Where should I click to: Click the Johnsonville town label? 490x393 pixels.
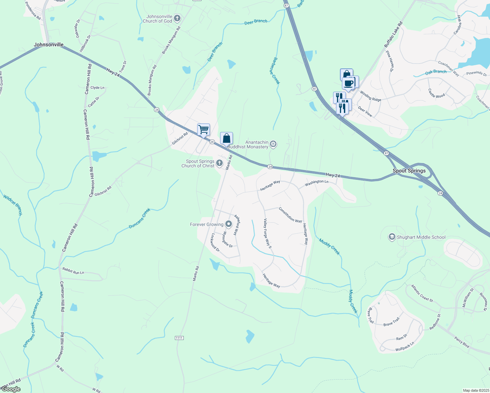(x=48, y=45)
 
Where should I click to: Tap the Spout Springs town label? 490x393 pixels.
(x=409, y=171)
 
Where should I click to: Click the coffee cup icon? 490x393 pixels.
(x=348, y=83)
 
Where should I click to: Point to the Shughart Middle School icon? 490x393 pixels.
(x=391, y=237)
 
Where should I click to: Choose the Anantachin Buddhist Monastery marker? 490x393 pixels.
(x=273, y=144)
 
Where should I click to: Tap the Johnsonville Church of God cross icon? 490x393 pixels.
(x=177, y=18)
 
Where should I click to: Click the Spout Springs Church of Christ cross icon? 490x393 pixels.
(x=219, y=163)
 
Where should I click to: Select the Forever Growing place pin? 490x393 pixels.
(x=229, y=224)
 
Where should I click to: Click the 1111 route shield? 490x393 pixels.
(x=179, y=338)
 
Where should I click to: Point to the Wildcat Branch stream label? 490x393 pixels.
(x=13, y=205)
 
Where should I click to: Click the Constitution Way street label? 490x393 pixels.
(x=290, y=215)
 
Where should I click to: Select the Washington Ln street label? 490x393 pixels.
(x=316, y=183)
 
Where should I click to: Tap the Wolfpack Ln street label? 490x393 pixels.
(x=405, y=347)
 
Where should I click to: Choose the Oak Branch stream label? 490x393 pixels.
(x=436, y=72)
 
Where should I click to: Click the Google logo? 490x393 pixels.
(x=11, y=389)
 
